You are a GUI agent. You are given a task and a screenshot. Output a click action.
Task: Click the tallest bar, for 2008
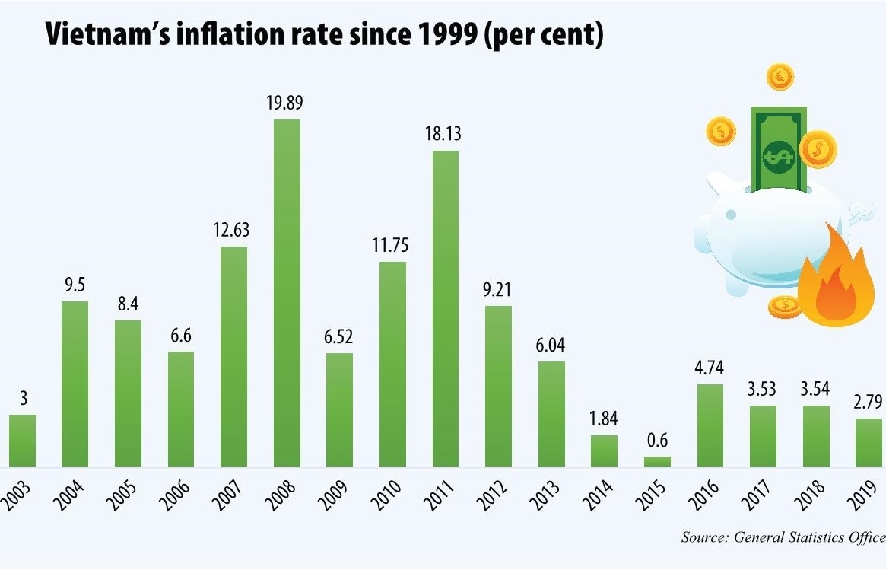(287, 293)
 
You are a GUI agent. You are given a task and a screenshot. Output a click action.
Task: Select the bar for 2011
(446, 308)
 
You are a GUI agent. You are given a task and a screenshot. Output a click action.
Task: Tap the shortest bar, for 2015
(658, 461)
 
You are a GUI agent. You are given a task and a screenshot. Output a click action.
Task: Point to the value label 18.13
(446, 135)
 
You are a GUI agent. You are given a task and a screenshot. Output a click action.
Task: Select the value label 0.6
(658, 441)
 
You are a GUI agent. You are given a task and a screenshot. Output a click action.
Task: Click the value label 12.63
(233, 230)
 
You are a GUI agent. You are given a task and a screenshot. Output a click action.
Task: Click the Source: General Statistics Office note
(783, 537)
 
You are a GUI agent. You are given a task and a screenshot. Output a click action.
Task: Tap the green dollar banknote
(776, 151)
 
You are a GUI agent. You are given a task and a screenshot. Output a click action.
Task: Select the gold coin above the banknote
(780, 76)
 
